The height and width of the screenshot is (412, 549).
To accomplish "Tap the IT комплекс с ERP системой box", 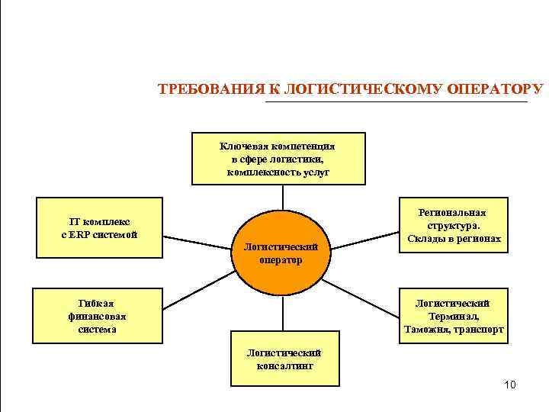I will pos(99,227).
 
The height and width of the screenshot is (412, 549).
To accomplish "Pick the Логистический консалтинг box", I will pos(284,359).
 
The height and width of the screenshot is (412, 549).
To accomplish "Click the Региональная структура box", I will pos(454,226).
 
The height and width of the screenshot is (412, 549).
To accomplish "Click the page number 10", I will pos(509,385).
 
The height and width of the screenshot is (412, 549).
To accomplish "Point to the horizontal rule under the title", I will pos(396,101).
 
